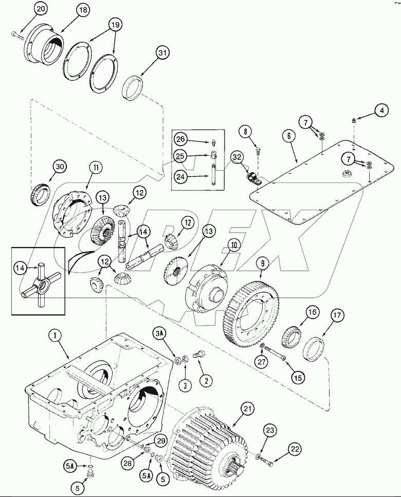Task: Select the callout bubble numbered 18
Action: pos(83,10)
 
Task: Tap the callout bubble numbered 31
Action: pos(163,52)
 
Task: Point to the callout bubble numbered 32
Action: pos(236,157)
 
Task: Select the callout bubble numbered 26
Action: pos(180,139)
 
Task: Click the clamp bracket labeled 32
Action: pos(251,179)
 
